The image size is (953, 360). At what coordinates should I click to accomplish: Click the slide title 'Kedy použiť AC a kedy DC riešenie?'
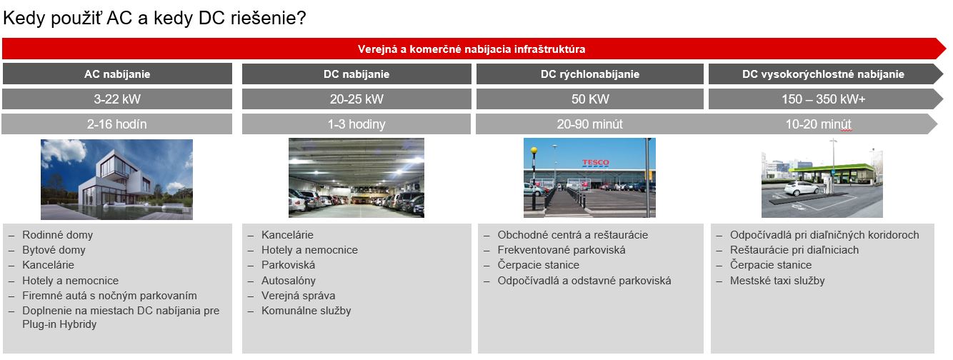(x=154, y=19)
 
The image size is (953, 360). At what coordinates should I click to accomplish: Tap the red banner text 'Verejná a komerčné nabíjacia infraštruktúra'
(x=471, y=49)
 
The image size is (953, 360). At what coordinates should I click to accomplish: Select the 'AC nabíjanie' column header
(x=117, y=74)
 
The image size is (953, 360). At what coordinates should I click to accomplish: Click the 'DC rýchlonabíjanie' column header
(x=589, y=74)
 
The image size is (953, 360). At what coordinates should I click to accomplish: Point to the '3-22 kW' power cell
(x=117, y=99)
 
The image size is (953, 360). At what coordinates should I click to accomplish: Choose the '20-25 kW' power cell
(x=356, y=99)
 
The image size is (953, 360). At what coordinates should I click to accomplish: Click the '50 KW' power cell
(x=589, y=99)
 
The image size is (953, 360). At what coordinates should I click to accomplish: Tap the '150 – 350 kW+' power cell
(x=823, y=99)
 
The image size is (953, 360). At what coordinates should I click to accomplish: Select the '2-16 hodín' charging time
(x=117, y=124)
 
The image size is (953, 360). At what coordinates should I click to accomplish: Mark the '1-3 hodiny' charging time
(x=356, y=124)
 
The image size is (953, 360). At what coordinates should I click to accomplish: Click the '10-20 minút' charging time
(x=818, y=124)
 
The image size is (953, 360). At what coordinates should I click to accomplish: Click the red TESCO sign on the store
(x=595, y=162)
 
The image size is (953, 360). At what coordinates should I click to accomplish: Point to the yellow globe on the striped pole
(x=534, y=150)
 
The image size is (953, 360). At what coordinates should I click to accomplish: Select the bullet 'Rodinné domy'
(x=57, y=235)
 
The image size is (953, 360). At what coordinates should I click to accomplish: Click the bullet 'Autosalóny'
(x=289, y=281)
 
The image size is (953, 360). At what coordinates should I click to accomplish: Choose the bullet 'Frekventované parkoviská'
(x=562, y=250)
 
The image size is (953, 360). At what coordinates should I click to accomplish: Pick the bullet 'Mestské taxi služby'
(x=777, y=281)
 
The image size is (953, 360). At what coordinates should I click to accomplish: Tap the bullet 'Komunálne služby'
(x=306, y=311)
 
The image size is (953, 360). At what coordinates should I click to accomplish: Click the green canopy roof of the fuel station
(x=831, y=168)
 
